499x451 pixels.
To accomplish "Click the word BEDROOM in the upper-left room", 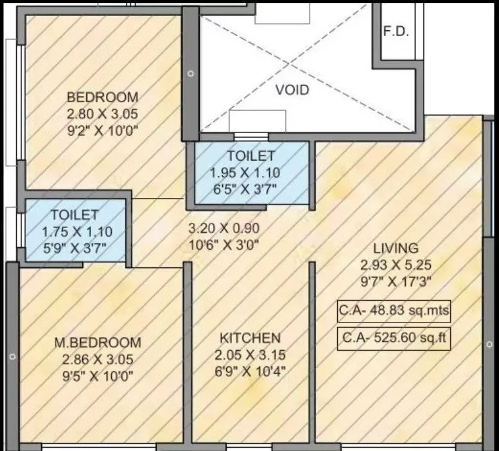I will [x=103, y=98].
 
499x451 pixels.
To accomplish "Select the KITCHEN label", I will [x=250, y=338].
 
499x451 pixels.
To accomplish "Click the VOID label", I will [x=292, y=90].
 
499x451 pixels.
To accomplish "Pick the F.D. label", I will [x=396, y=32].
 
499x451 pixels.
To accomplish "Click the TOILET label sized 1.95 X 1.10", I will [x=250, y=156].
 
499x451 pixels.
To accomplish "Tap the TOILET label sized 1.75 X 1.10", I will [x=74, y=215].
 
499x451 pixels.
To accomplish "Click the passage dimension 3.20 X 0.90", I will [x=223, y=227].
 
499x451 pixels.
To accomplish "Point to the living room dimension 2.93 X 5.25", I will [x=397, y=264].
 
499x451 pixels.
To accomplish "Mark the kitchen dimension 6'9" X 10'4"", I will [x=250, y=371].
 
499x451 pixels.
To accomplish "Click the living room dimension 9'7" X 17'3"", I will [x=397, y=281].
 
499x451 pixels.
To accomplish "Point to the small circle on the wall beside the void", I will [x=190, y=74].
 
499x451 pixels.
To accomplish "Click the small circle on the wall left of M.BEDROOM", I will [x=12, y=355].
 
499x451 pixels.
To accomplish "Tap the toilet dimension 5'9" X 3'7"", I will [x=74, y=246].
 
